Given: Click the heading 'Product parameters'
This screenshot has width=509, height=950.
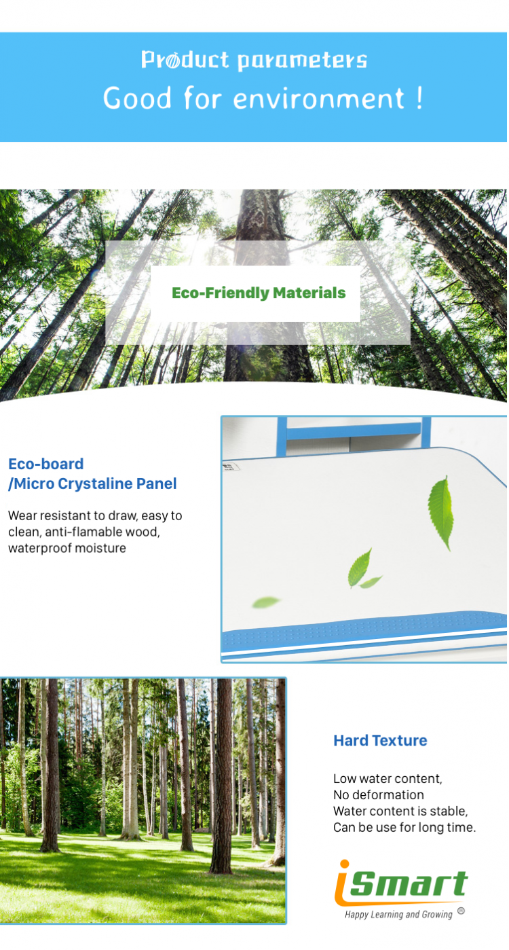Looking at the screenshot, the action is (x=254, y=60).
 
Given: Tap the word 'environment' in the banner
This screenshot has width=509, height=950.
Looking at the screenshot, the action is (x=318, y=99).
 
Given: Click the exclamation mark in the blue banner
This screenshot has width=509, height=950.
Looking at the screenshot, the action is (x=419, y=98).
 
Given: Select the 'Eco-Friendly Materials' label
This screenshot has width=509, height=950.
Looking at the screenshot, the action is (x=259, y=293).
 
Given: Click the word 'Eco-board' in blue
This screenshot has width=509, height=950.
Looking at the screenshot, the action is (x=45, y=464).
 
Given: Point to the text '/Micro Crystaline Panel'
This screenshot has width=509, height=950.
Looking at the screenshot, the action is (x=92, y=483).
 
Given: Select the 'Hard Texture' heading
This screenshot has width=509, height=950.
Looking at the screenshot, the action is (x=380, y=740).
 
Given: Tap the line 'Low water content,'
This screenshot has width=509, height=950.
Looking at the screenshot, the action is (x=388, y=779).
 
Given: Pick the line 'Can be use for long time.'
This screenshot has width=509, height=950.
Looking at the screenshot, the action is (x=404, y=827).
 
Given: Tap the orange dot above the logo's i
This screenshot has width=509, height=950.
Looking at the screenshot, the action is (x=345, y=864).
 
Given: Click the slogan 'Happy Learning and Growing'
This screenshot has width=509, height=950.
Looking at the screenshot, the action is (x=398, y=915).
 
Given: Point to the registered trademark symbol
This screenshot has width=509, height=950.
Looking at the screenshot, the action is (x=461, y=911).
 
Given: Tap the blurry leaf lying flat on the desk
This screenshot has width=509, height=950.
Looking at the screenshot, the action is (x=266, y=602).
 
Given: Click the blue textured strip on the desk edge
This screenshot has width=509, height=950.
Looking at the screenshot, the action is (x=364, y=630).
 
